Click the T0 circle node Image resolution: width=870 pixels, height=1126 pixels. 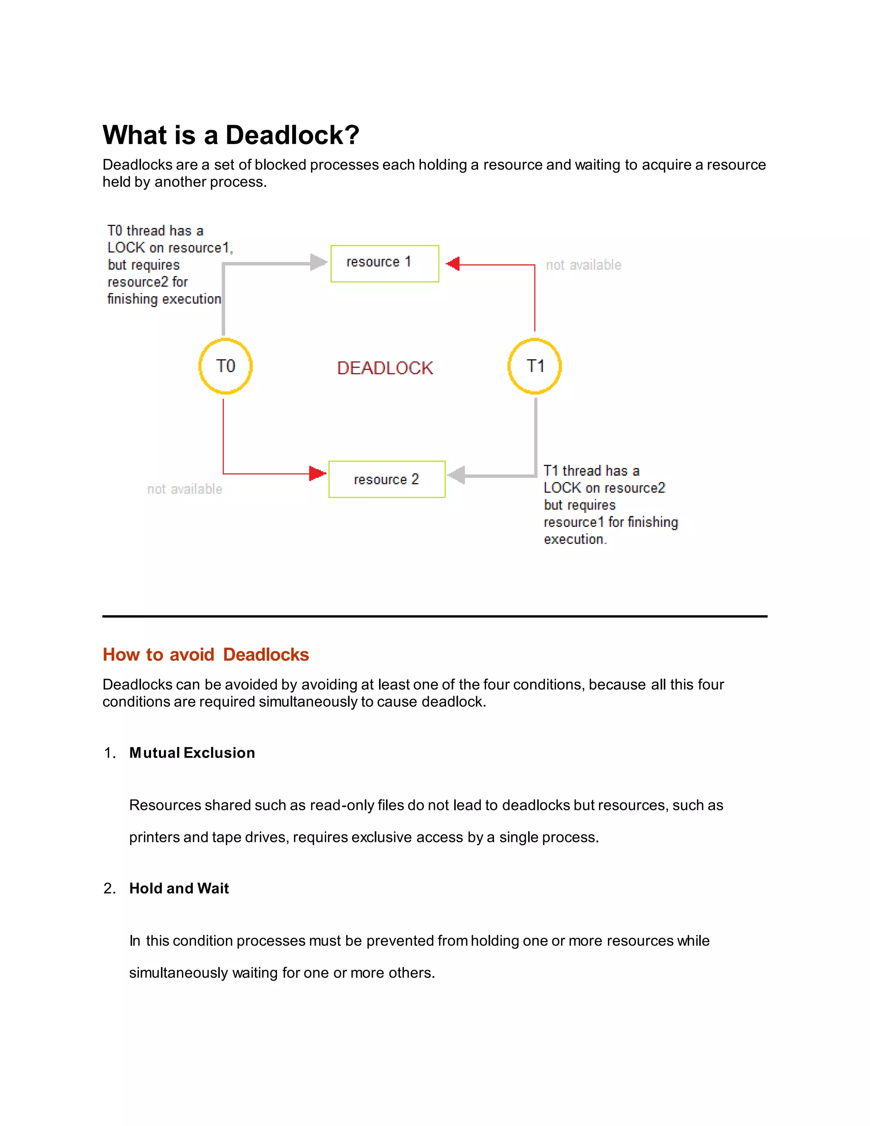tap(225, 366)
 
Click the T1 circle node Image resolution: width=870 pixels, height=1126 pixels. tap(534, 366)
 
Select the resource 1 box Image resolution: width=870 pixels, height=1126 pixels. tap(384, 263)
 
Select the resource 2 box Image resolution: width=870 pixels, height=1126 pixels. tap(387, 479)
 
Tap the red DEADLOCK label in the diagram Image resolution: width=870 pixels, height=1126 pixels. tap(384, 368)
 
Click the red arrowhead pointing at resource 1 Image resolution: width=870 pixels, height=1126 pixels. tap(453, 264)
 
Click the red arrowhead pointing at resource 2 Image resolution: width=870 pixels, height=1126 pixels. tap(317, 473)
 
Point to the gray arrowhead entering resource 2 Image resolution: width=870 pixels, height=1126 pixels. tap(457, 475)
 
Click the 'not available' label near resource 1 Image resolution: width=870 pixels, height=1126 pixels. tap(583, 265)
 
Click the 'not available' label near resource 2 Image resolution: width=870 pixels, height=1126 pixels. tap(184, 489)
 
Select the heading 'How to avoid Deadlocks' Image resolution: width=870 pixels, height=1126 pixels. tap(206, 654)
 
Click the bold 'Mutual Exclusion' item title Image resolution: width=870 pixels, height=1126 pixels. tap(192, 753)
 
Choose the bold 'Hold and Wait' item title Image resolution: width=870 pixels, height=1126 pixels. tap(179, 888)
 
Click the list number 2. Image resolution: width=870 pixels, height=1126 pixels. tap(109, 888)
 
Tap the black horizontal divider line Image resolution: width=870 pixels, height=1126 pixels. tap(435, 616)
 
